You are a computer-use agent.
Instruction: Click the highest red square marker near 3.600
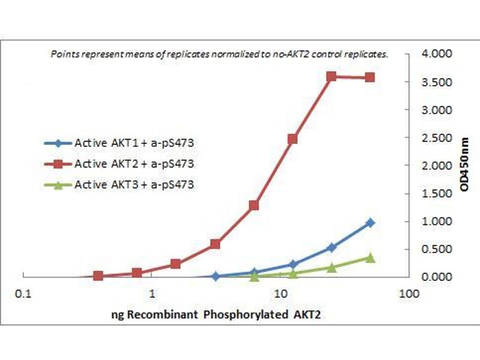pyautogui.click(x=331, y=76)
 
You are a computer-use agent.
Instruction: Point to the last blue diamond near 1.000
pyautogui.click(x=370, y=223)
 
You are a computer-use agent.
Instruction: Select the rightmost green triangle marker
pyautogui.click(x=370, y=257)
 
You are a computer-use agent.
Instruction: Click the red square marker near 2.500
pyautogui.click(x=293, y=139)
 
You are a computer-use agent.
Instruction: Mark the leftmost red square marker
pyautogui.click(x=98, y=275)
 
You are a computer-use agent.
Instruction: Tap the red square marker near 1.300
pyautogui.click(x=254, y=205)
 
